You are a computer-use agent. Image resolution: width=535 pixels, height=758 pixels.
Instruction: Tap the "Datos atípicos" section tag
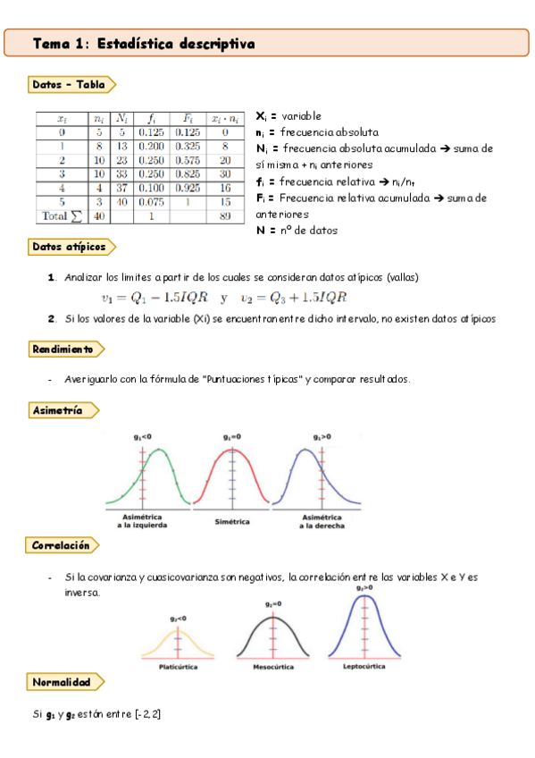69,246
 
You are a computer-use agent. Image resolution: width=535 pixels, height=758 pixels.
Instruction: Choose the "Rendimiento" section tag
63,349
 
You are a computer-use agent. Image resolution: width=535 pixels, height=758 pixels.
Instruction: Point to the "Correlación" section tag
61,544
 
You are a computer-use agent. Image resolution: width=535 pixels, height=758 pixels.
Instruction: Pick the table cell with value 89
225,215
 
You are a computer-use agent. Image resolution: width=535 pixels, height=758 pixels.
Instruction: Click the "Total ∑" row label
61,215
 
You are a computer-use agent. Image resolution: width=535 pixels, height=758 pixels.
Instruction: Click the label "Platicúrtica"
178,667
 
